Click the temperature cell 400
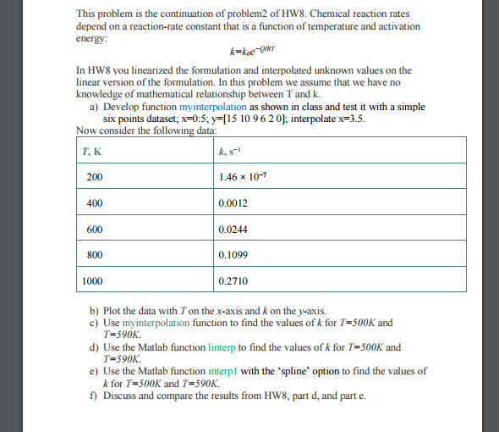94,203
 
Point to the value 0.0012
233,203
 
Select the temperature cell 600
94,229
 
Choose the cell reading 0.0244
233,229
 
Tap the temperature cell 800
94,254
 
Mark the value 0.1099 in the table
233,254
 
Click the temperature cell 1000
94,280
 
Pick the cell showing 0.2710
233,280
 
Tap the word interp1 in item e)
222,371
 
